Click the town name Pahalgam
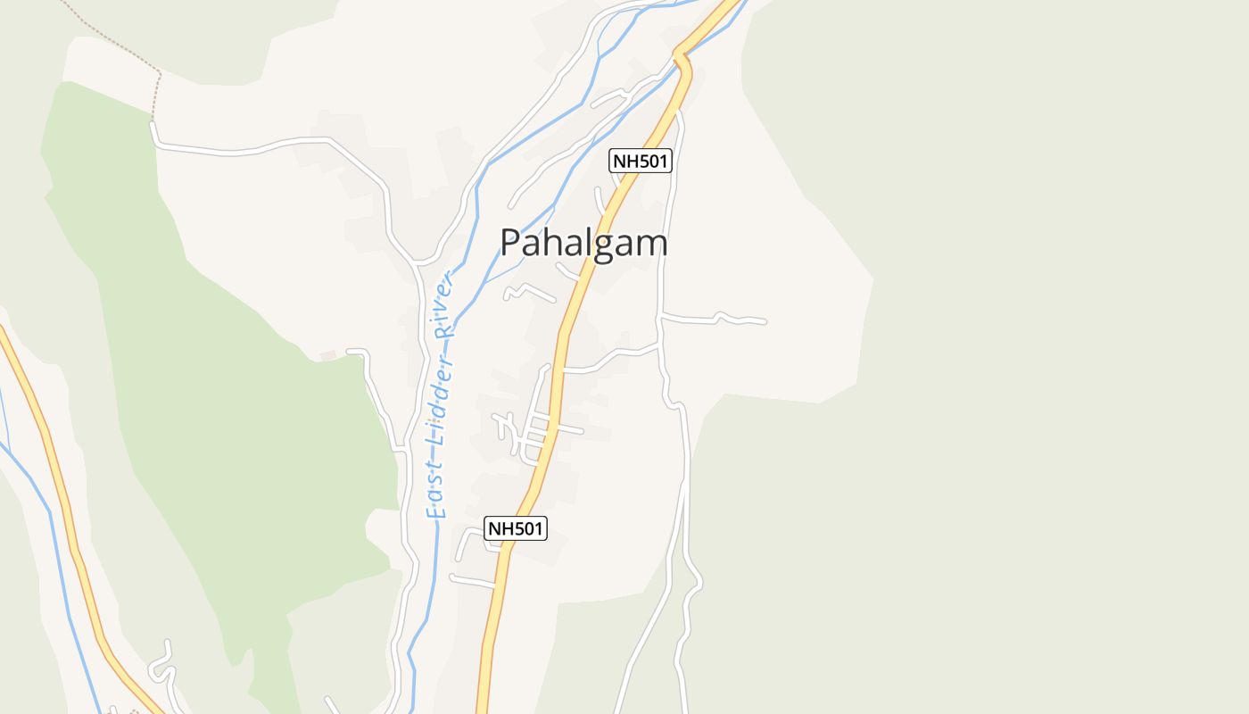(583, 243)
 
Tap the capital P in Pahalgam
(509, 243)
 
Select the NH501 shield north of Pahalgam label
(640, 161)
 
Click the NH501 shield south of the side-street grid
(515, 528)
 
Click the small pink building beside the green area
(327, 355)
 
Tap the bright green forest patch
(223, 402)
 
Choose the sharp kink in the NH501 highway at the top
(682, 60)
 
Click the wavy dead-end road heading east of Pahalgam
(714, 319)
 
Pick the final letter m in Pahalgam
(652, 243)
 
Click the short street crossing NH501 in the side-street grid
(553, 429)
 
